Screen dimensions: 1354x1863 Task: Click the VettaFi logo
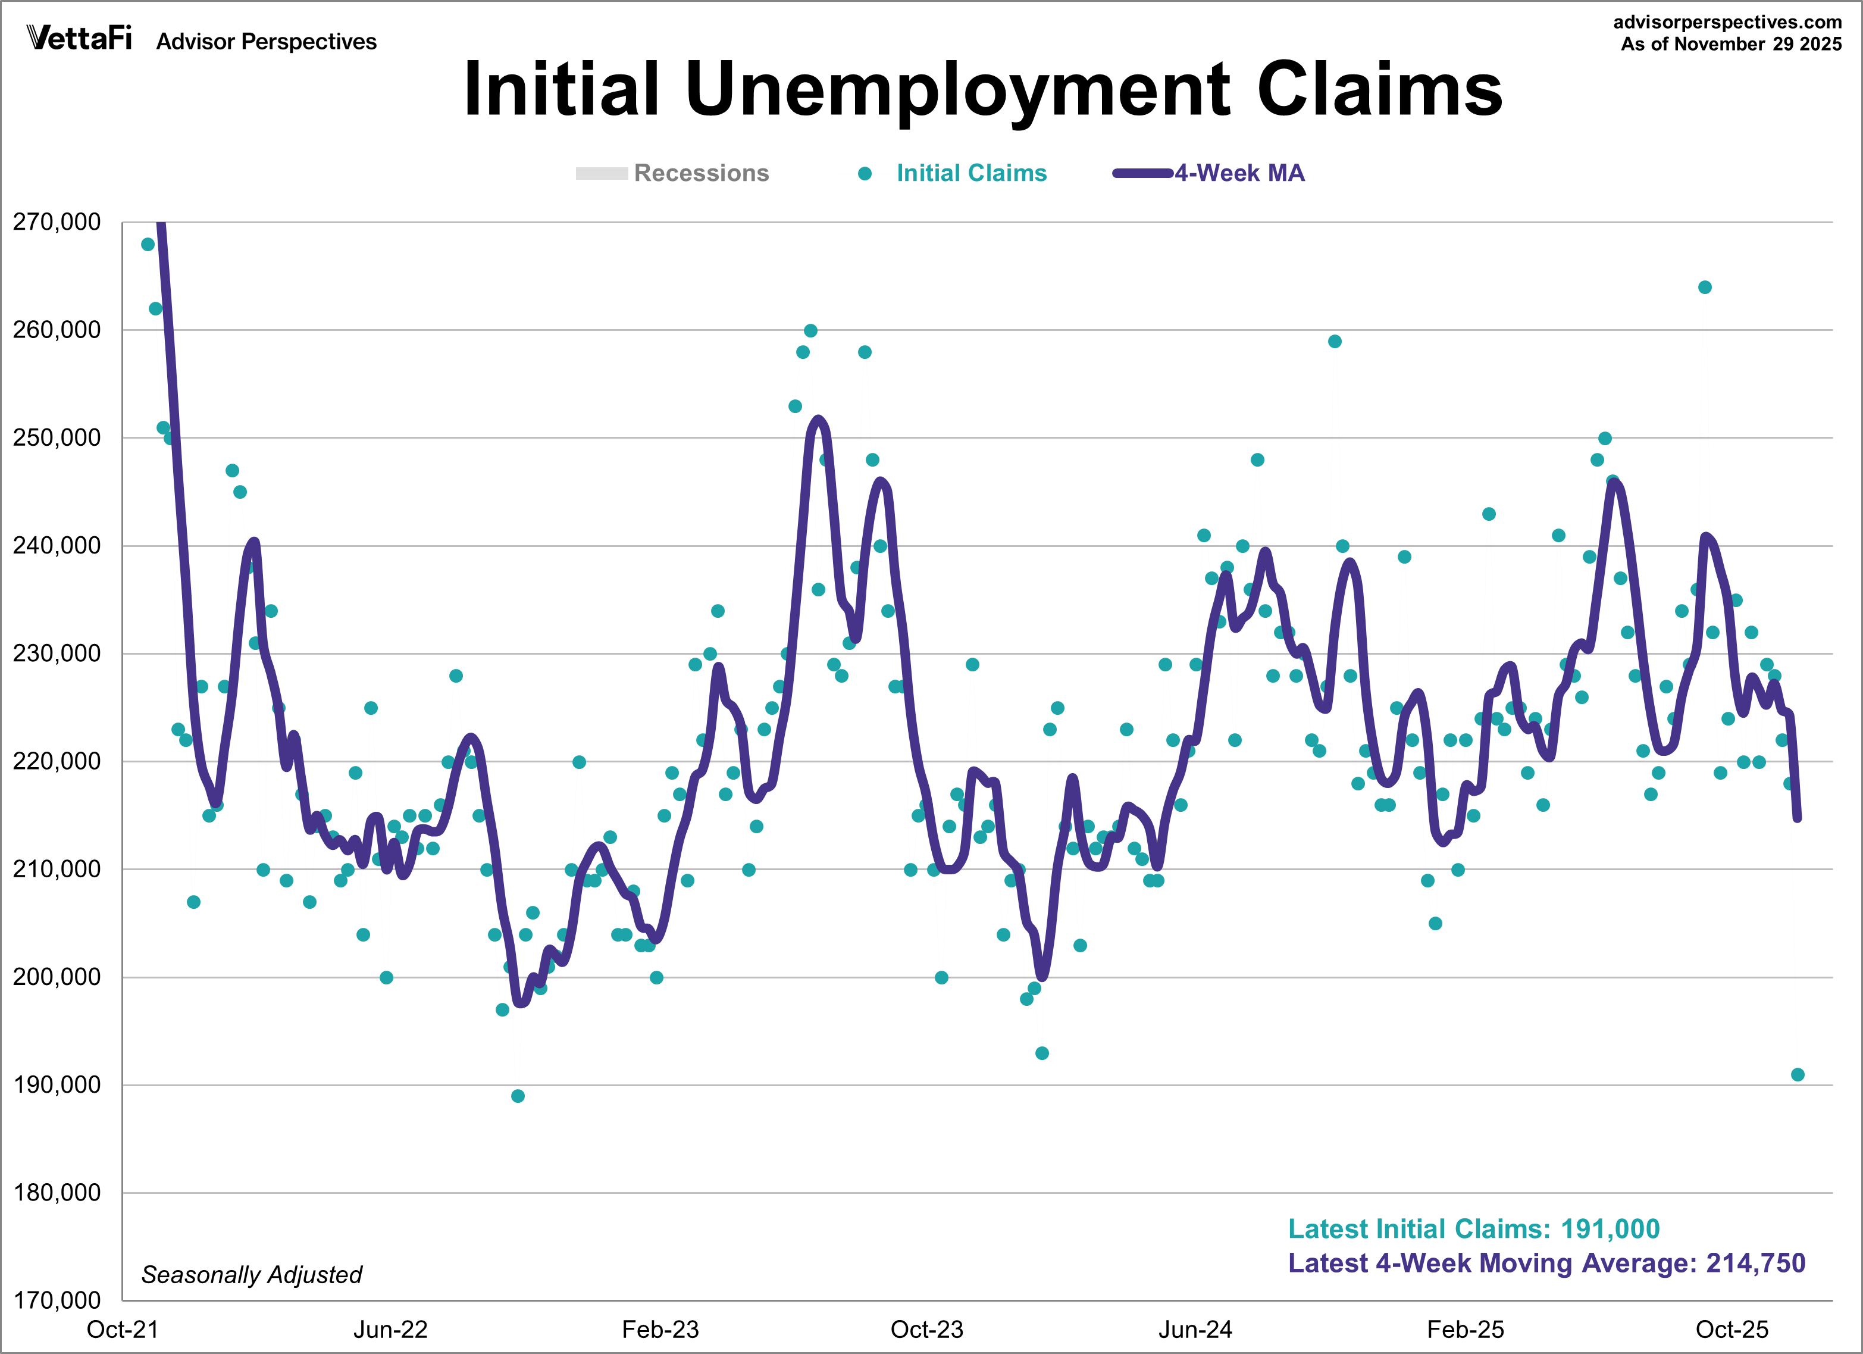click(x=79, y=38)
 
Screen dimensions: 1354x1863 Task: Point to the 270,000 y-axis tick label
click(x=57, y=222)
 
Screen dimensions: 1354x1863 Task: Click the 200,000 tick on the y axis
click(x=57, y=977)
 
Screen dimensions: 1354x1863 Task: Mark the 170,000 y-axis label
click(x=57, y=1300)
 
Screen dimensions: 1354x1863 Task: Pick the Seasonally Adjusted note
click(x=251, y=1274)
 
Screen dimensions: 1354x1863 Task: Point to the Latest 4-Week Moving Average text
click(x=1546, y=1263)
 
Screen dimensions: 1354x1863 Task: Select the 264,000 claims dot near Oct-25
click(x=1705, y=287)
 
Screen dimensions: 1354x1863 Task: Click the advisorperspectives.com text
click(x=1727, y=22)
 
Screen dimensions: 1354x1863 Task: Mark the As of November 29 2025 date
click(x=1731, y=45)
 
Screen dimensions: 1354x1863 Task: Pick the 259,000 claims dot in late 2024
click(x=1335, y=342)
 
